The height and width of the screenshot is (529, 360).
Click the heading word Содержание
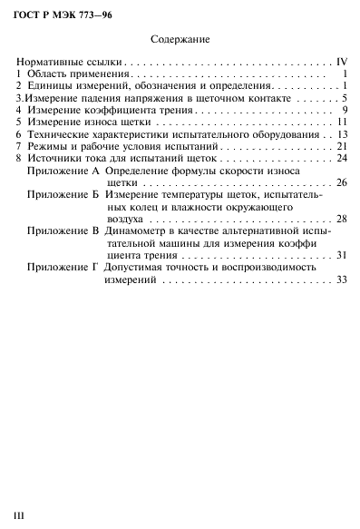click(181, 40)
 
